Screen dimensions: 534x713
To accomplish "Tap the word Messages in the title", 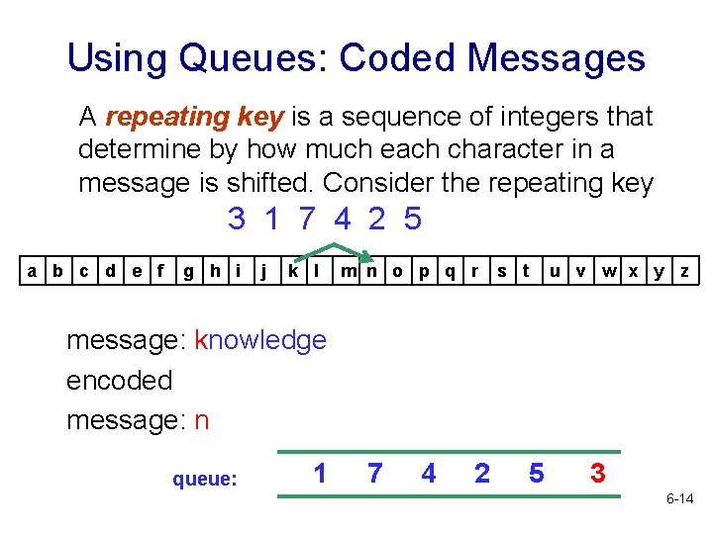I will tap(557, 58).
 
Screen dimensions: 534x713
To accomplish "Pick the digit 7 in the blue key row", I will tap(306, 219).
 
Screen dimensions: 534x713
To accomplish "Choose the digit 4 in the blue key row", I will tap(341, 219).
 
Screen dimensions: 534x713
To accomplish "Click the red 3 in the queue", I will tap(597, 474).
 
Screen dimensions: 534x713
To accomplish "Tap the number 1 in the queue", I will tap(320, 474).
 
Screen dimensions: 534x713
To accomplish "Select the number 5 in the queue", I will tap(536, 474).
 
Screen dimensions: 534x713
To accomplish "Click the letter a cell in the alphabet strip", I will tap(34, 270).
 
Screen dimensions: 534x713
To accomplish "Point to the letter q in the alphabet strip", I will tap(450, 270).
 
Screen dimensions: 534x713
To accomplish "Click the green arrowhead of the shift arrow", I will tap(364, 258).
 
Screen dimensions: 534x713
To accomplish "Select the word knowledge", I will tap(260, 340).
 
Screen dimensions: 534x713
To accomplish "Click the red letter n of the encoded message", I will tap(202, 420).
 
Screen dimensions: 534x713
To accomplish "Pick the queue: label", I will tap(205, 480).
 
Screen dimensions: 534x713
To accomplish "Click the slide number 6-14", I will tap(678, 499).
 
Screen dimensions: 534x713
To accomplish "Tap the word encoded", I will tap(120, 380).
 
